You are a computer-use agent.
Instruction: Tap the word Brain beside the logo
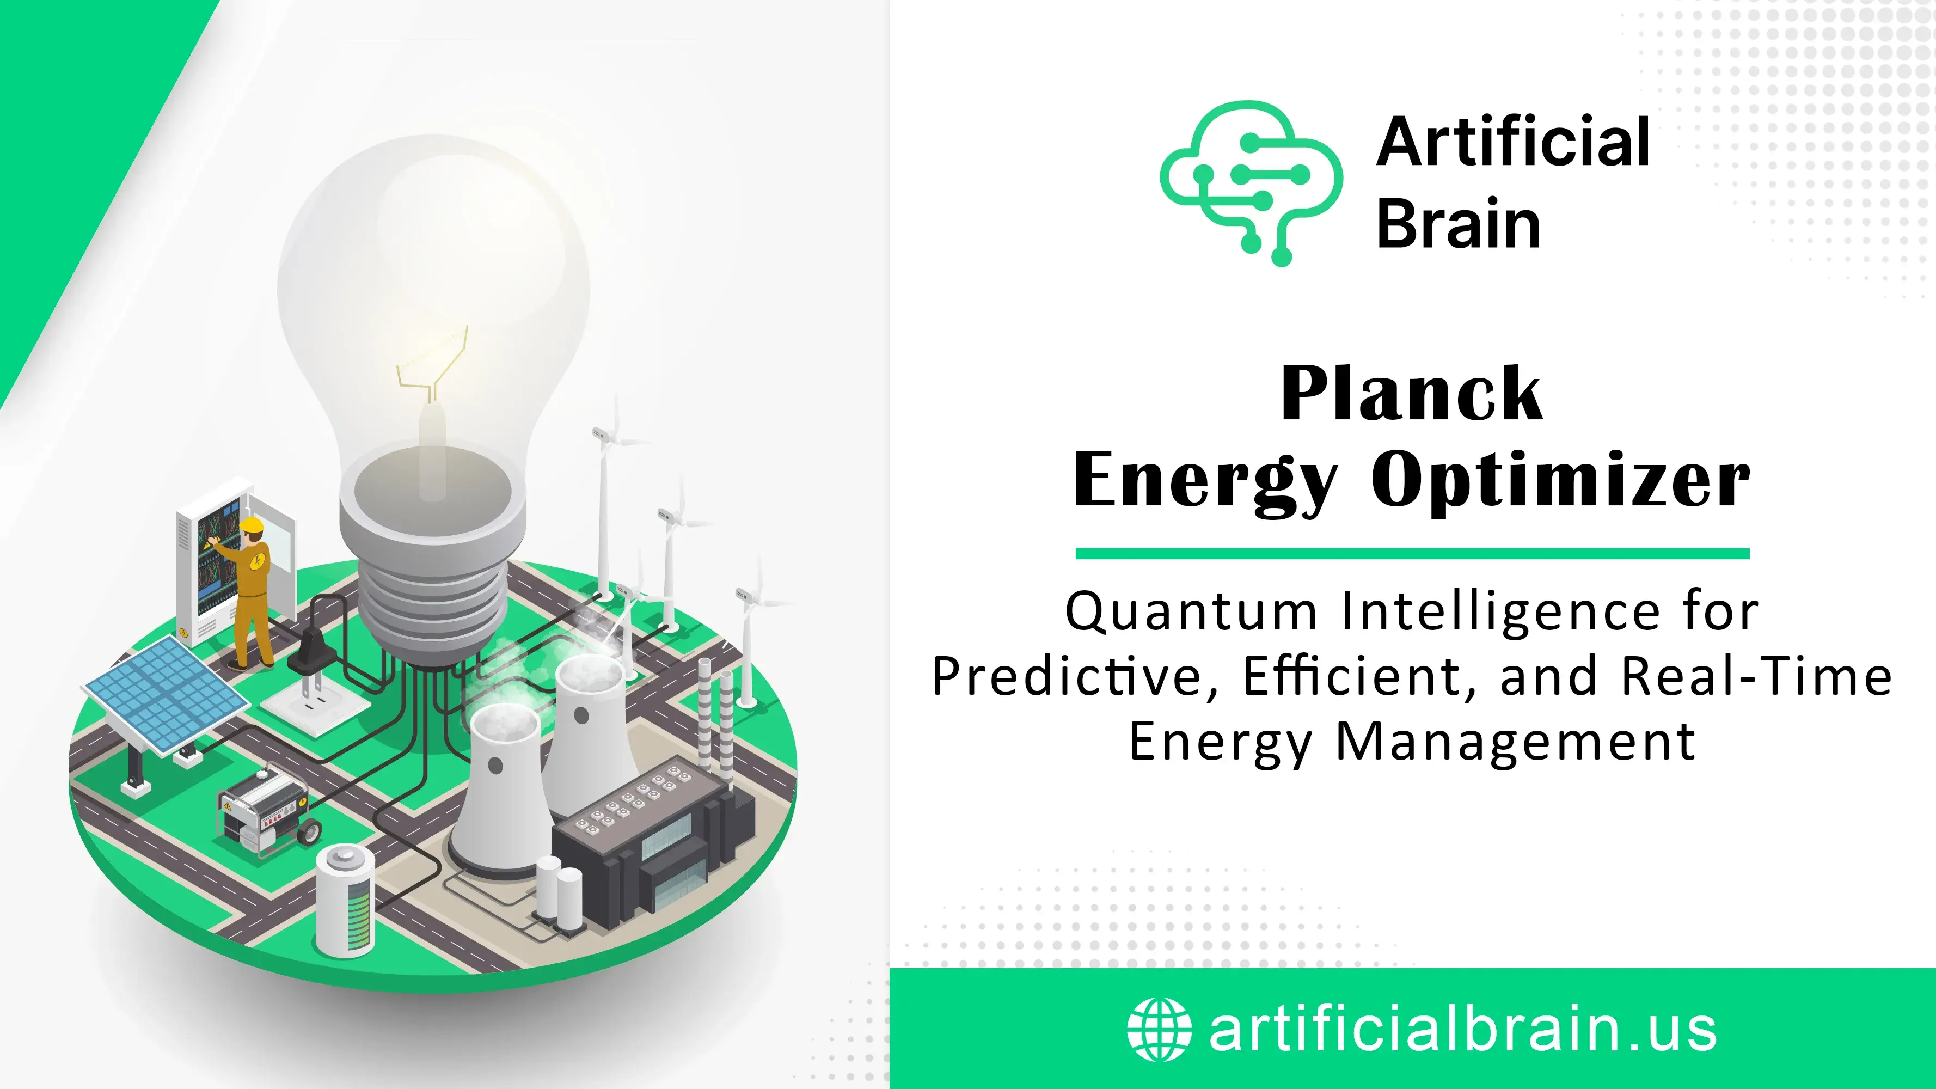tap(1459, 223)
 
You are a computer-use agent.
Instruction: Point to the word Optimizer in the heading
tap(1561, 480)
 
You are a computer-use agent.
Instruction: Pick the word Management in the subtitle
tap(1515, 743)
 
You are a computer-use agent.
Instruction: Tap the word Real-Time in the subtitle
tap(1756, 676)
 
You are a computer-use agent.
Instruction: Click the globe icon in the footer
tap(1159, 1029)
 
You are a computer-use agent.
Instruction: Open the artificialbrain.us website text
tap(1462, 1029)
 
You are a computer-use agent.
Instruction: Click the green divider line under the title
tap(1412, 554)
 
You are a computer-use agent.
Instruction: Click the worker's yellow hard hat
tap(252, 524)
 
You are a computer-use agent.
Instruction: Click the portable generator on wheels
tap(268, 810)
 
